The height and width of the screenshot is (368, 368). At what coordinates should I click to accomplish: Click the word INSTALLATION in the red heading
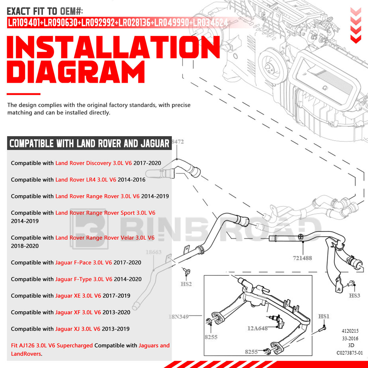tap(113, 48)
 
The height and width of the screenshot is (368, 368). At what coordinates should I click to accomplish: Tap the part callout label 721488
tap(302, 258)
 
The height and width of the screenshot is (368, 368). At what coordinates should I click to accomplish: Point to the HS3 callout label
tap(355, 296)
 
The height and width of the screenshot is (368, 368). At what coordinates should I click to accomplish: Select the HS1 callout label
tap(324, 316)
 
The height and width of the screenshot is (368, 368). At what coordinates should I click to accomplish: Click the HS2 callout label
tap(186, 284)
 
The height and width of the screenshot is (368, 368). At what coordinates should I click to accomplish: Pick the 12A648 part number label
tap(258, 328)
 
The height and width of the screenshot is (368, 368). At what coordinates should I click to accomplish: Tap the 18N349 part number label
tap(178, 316)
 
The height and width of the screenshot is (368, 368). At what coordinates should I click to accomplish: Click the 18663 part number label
tap(153, 252)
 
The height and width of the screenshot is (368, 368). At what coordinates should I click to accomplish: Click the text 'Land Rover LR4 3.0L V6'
tap(86, 180)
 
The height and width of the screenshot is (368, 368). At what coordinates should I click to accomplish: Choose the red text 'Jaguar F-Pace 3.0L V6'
tap(83, 263)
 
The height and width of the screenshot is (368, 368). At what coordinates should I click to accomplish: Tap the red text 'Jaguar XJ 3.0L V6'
tap(78, 329)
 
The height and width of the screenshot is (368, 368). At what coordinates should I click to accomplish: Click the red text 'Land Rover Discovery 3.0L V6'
tap(93, 163)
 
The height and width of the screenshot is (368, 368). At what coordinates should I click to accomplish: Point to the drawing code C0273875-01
tap(350, 353)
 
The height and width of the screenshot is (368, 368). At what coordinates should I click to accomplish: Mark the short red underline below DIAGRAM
tap(24, 94)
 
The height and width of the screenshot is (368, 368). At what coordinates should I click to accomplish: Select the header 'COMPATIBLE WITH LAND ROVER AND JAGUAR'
tap(89, 143)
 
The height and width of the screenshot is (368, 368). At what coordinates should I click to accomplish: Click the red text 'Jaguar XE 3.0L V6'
tap(78, 296)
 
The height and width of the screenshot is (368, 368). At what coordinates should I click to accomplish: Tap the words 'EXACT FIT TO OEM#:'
tap(45, 12)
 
